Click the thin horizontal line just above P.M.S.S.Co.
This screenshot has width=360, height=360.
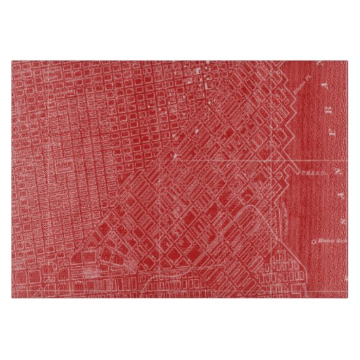(x=319, y=161)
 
